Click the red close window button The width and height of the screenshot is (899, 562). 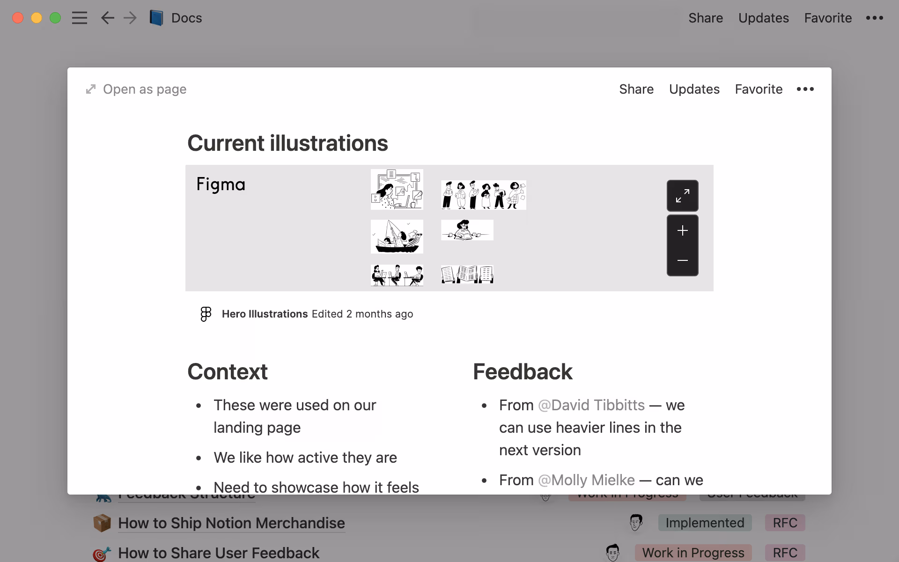coord(18,18)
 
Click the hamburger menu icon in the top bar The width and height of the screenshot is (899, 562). coord(80,18)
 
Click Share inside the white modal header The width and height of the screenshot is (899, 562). coord(636,89)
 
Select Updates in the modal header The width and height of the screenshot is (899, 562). coord(694,89)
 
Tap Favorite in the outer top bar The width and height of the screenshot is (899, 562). coord(828,18)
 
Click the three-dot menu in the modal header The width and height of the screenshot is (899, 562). coord(805,89)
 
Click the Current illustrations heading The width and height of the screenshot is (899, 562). coord(287,143)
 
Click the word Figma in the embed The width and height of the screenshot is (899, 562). coord(221,185)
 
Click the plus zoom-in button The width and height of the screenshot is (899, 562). coord(682,230)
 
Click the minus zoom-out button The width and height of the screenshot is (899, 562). coord(682,260)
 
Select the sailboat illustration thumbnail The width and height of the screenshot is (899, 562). coord(397,237)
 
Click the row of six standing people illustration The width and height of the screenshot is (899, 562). coord(483,195)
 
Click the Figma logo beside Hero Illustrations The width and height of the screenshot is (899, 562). coord(206,314)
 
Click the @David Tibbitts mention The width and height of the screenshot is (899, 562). coord(591,405)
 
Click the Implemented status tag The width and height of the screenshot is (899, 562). coord(705,523)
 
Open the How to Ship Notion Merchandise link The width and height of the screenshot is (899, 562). coord(231,523)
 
